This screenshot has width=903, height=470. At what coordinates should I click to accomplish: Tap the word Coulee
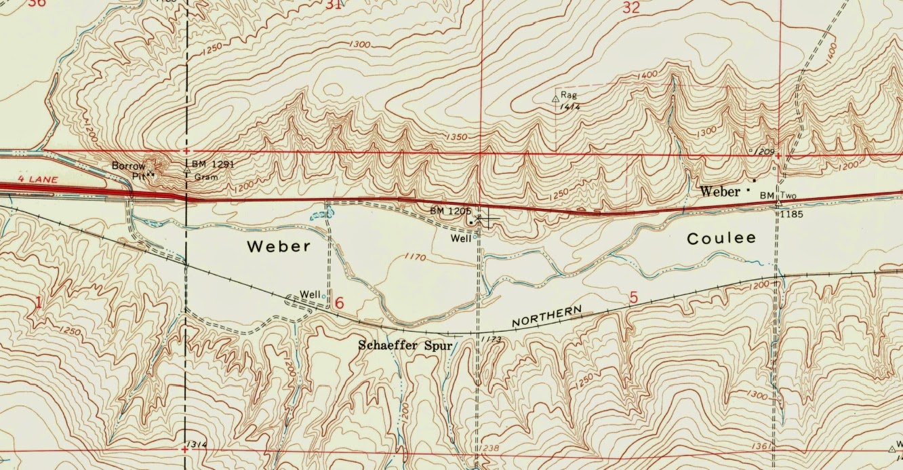click(x=721, y=239)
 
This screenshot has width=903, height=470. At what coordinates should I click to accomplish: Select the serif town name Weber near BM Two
click(x=721, y=192)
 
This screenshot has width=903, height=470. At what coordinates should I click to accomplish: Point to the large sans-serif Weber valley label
click(x=279, y=246)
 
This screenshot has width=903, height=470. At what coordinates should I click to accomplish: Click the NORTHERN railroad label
click(x=546, y=316)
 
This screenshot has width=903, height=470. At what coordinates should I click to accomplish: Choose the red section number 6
click(x=340, y=302)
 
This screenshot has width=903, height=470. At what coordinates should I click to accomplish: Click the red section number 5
click(x=633, y=297)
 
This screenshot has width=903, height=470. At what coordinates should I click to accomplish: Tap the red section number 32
click(x=631, y=7)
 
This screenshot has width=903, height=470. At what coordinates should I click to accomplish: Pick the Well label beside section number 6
click(x=310, y=294)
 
